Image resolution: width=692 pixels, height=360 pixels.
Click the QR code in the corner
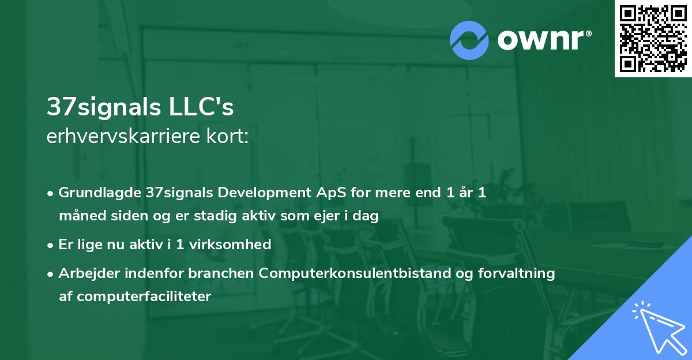click(653, 38)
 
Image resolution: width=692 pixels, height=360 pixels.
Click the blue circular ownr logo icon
click(469, 40)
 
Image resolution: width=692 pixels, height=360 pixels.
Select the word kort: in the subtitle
click(228, 136)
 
